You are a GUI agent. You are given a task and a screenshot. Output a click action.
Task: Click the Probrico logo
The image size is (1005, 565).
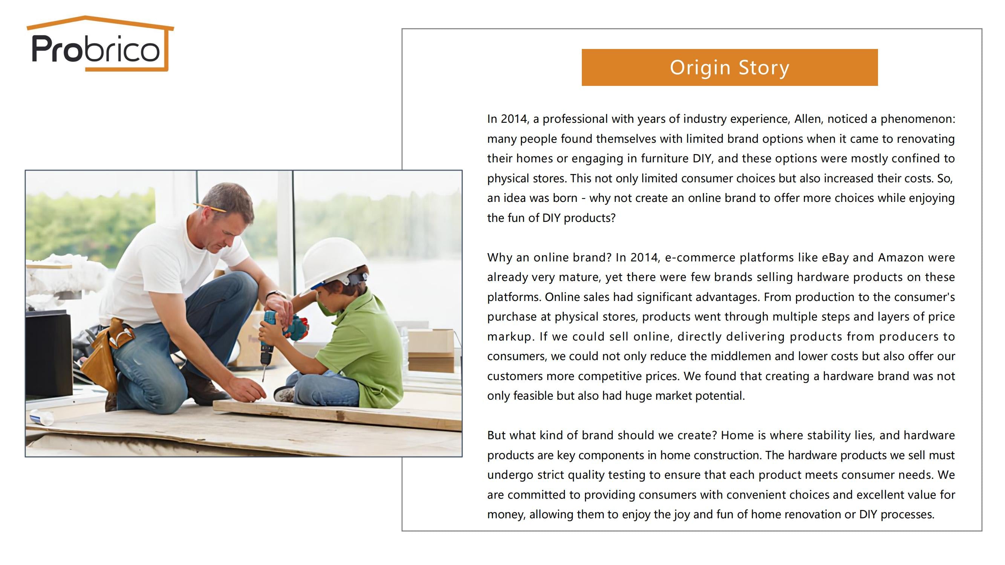coord(100,44)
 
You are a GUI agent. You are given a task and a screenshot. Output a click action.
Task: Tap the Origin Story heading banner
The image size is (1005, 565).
coord(730,67)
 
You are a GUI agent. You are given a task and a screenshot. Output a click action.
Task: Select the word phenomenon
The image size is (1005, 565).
coord(918,119)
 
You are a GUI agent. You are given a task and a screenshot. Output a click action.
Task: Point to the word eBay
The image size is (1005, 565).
coord(835,258)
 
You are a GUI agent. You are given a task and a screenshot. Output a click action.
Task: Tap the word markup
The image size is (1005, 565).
coord(509,337)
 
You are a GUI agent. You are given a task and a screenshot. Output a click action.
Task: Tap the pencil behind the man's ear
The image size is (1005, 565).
coord(209,207)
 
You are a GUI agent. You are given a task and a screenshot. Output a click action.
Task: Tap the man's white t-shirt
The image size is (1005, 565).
coord(164,269)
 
